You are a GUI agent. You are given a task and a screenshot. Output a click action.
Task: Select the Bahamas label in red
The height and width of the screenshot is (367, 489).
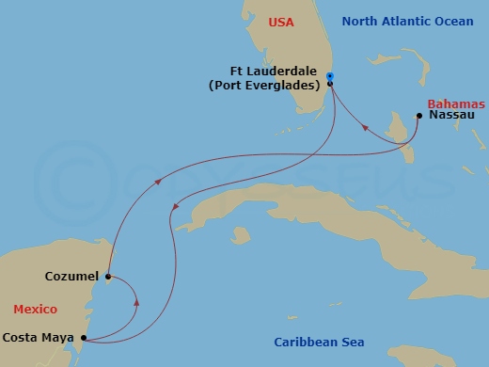455,104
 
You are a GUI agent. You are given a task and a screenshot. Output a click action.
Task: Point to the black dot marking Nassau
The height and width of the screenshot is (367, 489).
418,117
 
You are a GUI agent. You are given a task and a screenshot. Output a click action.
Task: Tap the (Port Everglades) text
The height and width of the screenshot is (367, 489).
265,85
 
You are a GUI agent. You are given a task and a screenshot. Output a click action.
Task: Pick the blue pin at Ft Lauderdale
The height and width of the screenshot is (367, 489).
330,75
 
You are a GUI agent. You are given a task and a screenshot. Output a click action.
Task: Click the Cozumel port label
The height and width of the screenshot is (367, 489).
72,277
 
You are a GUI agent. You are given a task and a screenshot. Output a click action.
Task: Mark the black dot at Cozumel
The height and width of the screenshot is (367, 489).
108,277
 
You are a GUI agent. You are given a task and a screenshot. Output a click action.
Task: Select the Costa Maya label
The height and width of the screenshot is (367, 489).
39,337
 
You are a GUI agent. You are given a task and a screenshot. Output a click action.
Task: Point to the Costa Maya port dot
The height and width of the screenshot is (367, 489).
84,337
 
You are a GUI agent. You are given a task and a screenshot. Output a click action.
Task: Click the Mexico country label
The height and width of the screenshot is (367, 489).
35,309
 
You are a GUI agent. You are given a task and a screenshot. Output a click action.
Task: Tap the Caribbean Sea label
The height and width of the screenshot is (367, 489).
319,342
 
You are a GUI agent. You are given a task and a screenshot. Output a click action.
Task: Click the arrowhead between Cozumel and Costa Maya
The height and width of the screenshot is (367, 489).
138,303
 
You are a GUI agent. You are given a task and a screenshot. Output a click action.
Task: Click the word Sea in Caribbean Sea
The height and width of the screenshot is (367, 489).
353,342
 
